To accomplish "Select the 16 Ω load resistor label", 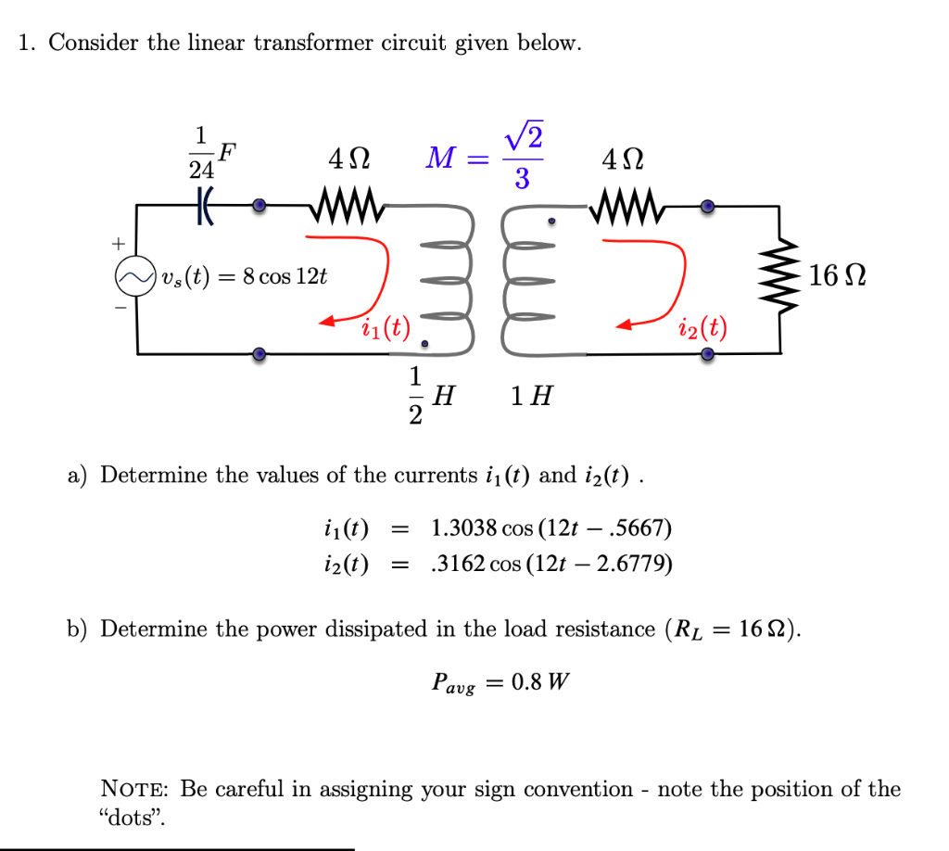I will click(x=837, y=275).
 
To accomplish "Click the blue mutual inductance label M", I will click(x=437, y=159).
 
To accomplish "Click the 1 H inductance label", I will click(x=532, y=397).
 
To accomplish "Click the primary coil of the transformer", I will click(x=449, y=277).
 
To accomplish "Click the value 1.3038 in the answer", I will click(x=463, y=528).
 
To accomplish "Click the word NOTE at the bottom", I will click(x=134, y=790).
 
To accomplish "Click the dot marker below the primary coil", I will click(x=424, y=344).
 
